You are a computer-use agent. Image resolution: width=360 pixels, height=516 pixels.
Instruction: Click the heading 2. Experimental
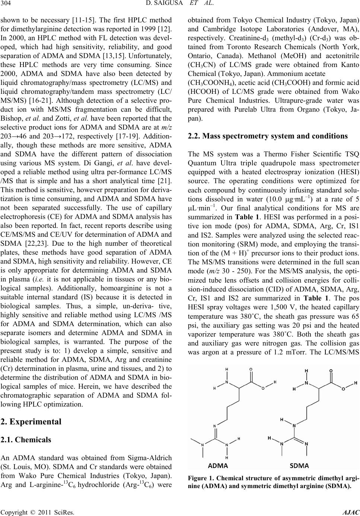coord(31,422)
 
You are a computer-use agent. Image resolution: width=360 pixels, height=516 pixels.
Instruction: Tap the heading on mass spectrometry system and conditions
coord(268,136)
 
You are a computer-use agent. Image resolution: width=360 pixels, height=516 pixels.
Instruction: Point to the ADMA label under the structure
coord(218,465)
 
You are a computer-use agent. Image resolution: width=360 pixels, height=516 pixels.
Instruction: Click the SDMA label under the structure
coord(299,465)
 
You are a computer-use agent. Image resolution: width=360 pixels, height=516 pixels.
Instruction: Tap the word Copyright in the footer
coord(13,512)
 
